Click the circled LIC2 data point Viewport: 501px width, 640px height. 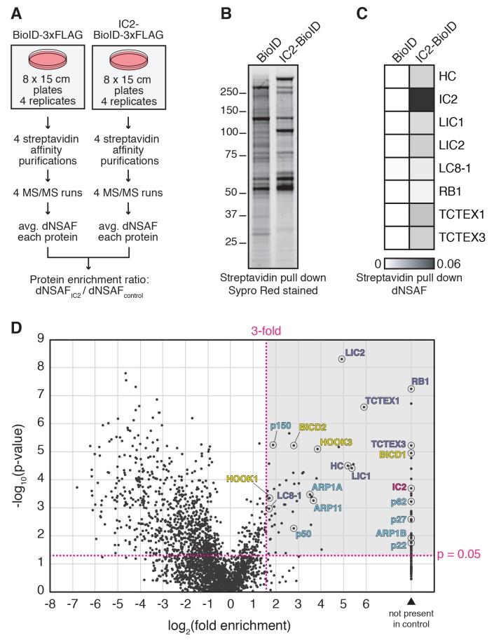click(341, 358)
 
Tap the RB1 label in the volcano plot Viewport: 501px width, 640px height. click(420, 381)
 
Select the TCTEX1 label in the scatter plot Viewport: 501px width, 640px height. click(382, 400)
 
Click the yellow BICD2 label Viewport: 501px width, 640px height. click(313, 426)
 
